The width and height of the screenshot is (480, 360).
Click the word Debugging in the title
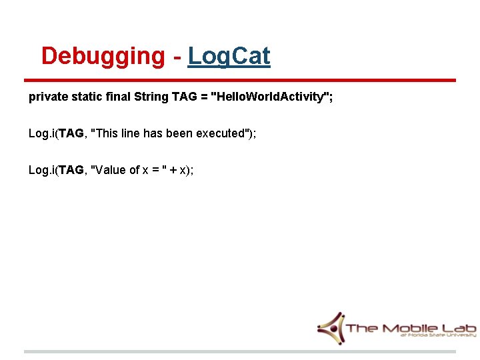(102, 57)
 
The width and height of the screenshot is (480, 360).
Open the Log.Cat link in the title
(229, 57)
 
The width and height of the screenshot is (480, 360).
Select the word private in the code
(46, 97)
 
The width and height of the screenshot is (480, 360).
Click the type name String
(151, 97)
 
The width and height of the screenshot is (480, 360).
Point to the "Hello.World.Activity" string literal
(269, 97)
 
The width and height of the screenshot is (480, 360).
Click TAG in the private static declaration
(184, 97)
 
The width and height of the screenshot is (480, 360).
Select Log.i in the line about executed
(41, 133)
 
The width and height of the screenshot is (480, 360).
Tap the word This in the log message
(107, 133)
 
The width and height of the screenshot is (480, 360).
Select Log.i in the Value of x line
(41, 170)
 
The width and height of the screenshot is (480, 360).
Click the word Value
(111, 170)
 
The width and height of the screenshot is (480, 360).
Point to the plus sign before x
(173, 170)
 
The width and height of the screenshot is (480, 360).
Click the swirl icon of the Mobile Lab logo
(331, 327)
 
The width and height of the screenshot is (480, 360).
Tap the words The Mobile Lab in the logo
(410, 327)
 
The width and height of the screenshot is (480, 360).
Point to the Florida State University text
(437, 336)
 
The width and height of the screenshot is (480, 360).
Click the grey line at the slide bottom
(240, 351)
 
